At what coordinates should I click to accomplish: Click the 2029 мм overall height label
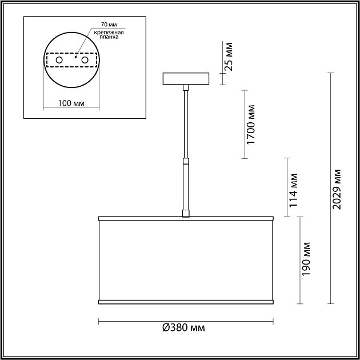(x=337, y=189)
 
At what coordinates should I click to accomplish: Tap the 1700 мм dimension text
(x=251, y=125)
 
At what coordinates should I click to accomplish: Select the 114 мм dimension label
(x=293, y=190)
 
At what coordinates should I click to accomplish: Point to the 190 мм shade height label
(x=306, y=259)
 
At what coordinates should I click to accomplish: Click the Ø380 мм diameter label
(x=183, y=327)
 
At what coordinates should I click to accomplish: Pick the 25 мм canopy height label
(x=229, y=57)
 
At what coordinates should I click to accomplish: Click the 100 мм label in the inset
(x=71, y=103)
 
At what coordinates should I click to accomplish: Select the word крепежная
(x=109, y=33)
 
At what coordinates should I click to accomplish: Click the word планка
(x=109, y=37)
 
